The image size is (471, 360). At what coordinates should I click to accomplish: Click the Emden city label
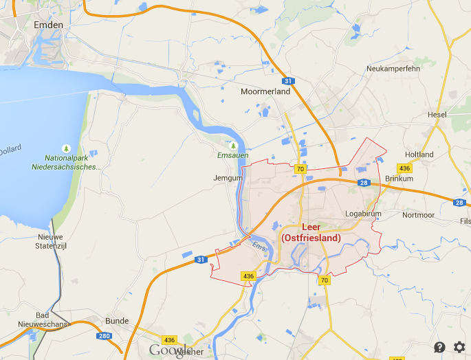click(x=48, y=25)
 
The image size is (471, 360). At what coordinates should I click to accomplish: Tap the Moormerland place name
click(x=265, y=91)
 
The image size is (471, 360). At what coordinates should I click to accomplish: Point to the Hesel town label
click(x=437, y=114)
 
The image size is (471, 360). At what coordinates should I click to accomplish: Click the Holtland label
click(x=419, y=155)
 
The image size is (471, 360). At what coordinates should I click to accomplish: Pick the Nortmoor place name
click(x=418, y=215)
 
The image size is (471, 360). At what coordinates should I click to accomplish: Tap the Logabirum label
click(x=363, y=214)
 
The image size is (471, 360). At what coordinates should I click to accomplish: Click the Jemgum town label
click(x=229, y=178)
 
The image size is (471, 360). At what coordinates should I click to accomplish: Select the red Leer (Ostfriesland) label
click(x=311, y=233)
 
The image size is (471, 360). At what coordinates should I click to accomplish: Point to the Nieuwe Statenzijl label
click(x=50, y=241)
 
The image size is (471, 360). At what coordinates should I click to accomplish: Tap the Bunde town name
click(x=117, y=321)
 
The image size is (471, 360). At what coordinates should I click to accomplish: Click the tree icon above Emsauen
click(x=232, y=146)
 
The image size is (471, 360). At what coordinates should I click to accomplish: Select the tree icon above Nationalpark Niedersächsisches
click(x=66, y=148)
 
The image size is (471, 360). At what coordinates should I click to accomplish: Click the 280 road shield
click(x=103, y=336)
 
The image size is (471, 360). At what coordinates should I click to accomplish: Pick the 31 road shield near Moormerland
click(x=289, y=82)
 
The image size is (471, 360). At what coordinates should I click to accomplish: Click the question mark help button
click(x=439, y=347)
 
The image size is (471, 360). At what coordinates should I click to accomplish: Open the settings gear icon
click(x=459, y=347)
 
